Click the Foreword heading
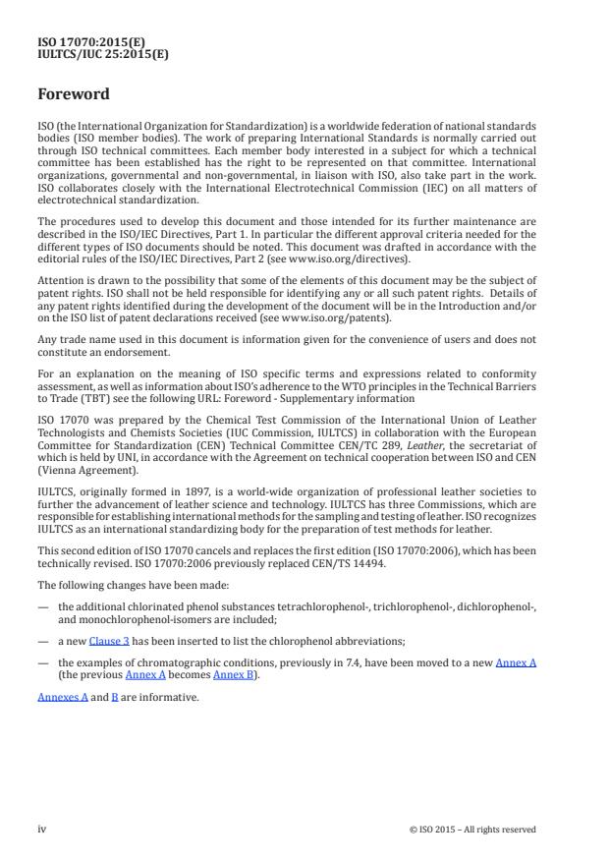coord(74,95)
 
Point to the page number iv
coord(42,829)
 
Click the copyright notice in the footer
coord(472,830)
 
